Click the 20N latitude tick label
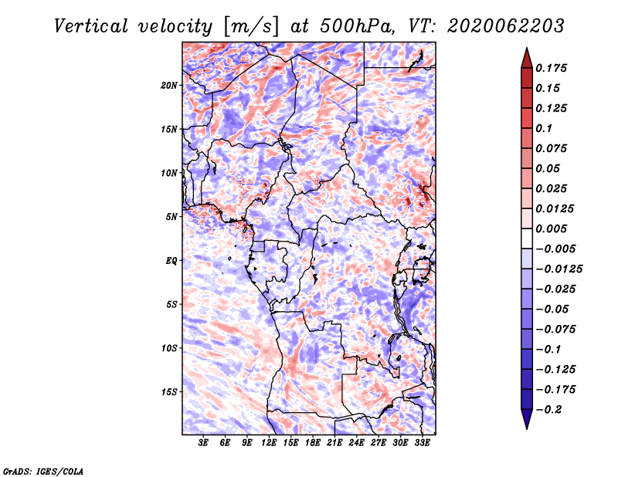point(169,86)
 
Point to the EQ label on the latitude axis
point(171,261)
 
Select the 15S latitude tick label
point(169,392)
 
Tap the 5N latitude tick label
point(171,217)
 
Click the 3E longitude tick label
point(203,443)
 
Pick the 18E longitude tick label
point(313,443)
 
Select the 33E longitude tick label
point(422,443)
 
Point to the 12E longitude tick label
point(269,443)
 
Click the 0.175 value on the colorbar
point(551,68)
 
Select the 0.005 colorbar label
point(551,228)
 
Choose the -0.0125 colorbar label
point(559,269)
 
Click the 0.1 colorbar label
point(544,128)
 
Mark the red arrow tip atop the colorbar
point(527,49)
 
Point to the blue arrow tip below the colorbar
point(527,428)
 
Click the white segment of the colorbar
point(527,238)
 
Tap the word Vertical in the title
point(91,26)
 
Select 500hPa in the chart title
point(357,26)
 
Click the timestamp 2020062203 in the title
point(506,26)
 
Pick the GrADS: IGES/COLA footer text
point(43,471)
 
